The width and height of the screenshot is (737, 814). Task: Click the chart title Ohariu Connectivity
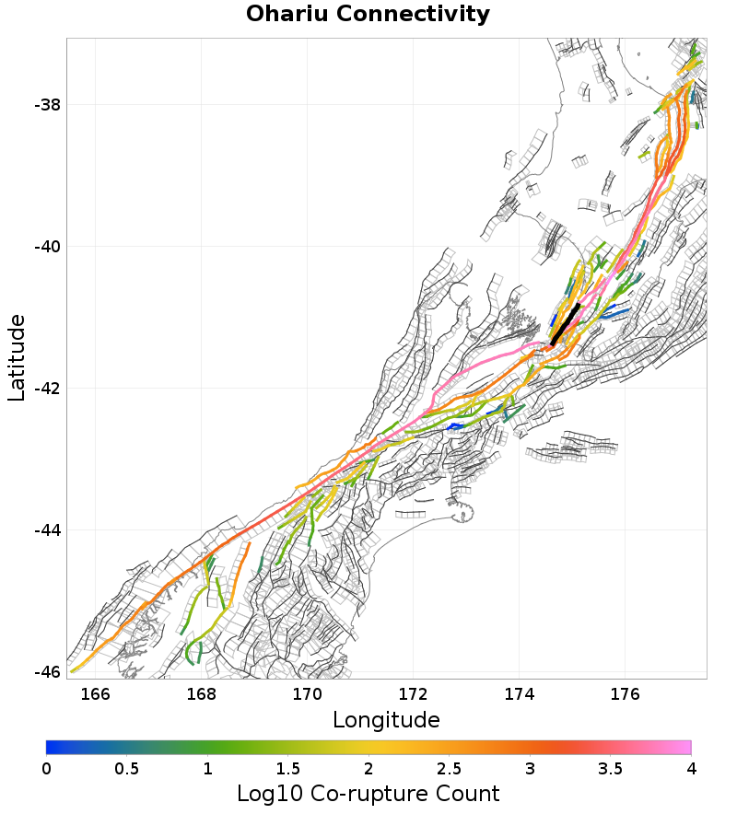(x=368, y=15)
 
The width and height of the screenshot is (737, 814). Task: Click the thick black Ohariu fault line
(x=566, y=324)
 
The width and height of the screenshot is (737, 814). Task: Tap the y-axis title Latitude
(x=17, y=357)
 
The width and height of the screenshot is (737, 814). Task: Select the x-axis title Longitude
(x=386, y=719)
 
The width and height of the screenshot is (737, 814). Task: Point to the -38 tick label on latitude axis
(x=47, y=105)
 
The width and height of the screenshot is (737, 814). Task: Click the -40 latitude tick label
(x=47, y=247)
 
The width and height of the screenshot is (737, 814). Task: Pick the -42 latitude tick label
(x=47, y=389)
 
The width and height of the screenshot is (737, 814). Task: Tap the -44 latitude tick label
(x=47, y=530)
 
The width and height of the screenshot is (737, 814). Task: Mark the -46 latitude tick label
(x=47, y=672)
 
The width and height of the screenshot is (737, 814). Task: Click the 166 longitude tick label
(x=95, y=692)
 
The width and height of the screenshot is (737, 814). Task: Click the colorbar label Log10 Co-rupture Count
(x=368, y=794)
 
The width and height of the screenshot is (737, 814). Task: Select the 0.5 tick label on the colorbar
(x=127, y=768)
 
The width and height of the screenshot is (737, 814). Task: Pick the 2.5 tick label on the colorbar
(x=450, y=768)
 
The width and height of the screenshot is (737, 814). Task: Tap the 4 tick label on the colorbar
(x=691, y=768)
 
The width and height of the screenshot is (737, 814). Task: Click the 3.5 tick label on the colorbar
(x=611, y=768)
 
